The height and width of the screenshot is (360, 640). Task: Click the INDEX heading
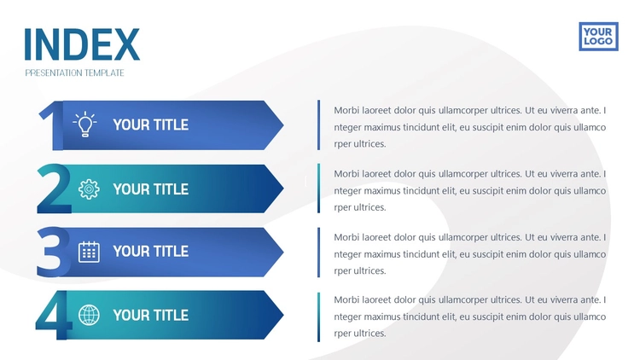click(82, 44)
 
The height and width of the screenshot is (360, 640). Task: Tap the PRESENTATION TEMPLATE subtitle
click(75, 73)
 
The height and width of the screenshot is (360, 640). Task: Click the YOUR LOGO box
click(598, 37)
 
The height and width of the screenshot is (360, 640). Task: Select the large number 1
click(52, 125)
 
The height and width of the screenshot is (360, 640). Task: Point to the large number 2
click(54, 189)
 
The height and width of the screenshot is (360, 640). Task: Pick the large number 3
click(52, 252)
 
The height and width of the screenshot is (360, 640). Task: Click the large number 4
click(53, 315)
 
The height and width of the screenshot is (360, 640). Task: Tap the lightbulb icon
click(84, 124)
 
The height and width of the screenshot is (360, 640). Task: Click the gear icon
click(89, 189)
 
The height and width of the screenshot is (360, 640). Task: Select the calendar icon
click(89, 252)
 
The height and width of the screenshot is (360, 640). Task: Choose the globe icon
click(89, 315)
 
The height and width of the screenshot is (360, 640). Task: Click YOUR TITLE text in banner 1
click(150, 125)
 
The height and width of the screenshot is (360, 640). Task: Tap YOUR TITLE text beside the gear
click(150, 189)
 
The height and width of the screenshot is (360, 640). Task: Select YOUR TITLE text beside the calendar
click(150, 252)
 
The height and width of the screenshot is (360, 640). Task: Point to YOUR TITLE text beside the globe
click(150, 315)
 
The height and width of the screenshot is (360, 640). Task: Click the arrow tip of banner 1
click(283, 125)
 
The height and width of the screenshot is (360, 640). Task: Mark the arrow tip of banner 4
click(283, 315)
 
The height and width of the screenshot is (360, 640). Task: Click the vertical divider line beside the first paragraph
click(319, 125)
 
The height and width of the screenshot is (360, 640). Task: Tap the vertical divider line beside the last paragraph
click(319, 316)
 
